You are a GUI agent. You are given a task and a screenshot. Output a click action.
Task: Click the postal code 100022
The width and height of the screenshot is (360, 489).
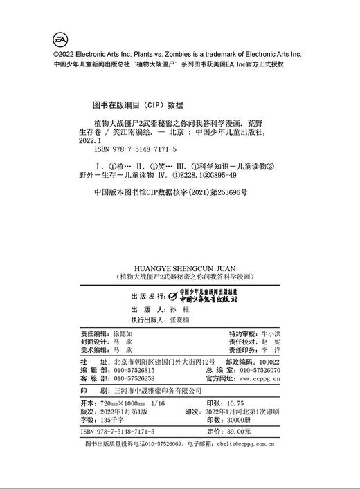click(267, 362)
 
